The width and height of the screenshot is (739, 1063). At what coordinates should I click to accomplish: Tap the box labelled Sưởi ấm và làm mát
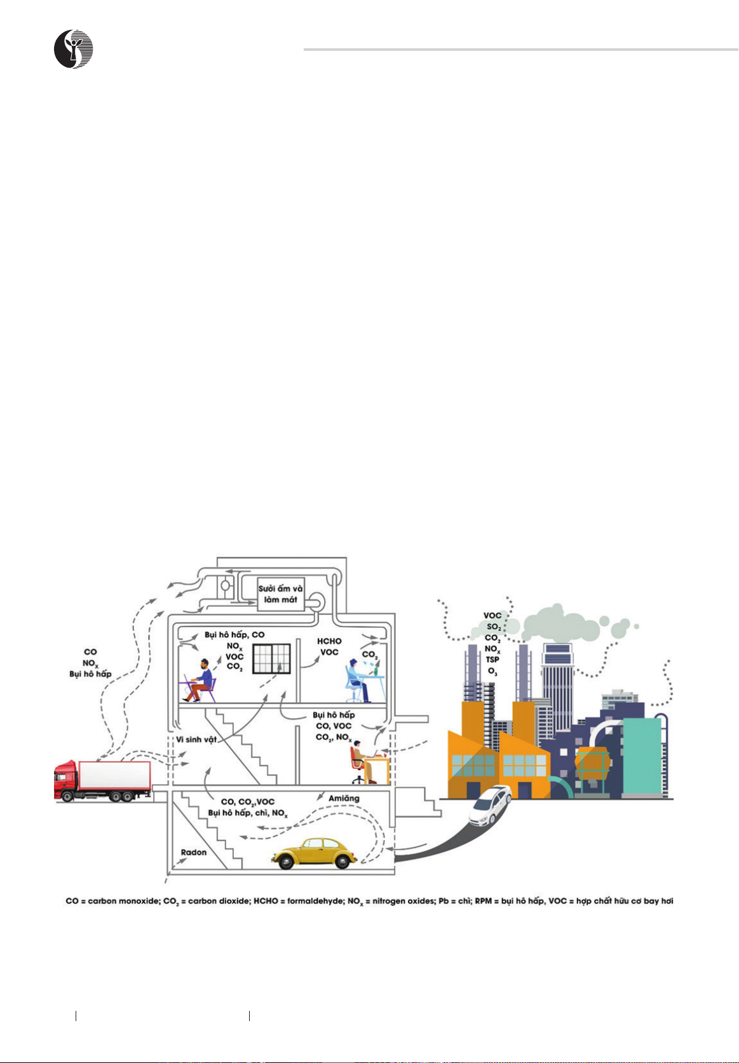pos(280,593)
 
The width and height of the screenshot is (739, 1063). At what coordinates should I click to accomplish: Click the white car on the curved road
pos(491,804)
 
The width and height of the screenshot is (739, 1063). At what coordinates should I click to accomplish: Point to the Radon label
pos(193,852)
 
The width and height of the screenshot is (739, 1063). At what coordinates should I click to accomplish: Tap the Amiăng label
pos(344,798)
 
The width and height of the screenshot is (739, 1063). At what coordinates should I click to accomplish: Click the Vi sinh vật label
pos(197,739)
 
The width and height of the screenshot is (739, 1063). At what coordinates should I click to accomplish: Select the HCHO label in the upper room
pos(329,641)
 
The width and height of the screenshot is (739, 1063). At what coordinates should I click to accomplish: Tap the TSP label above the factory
pos(492,660)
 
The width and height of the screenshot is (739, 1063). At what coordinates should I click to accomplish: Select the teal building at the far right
pos(642,756)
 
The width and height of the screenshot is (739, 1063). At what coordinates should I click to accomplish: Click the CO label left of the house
pos(90,652)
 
